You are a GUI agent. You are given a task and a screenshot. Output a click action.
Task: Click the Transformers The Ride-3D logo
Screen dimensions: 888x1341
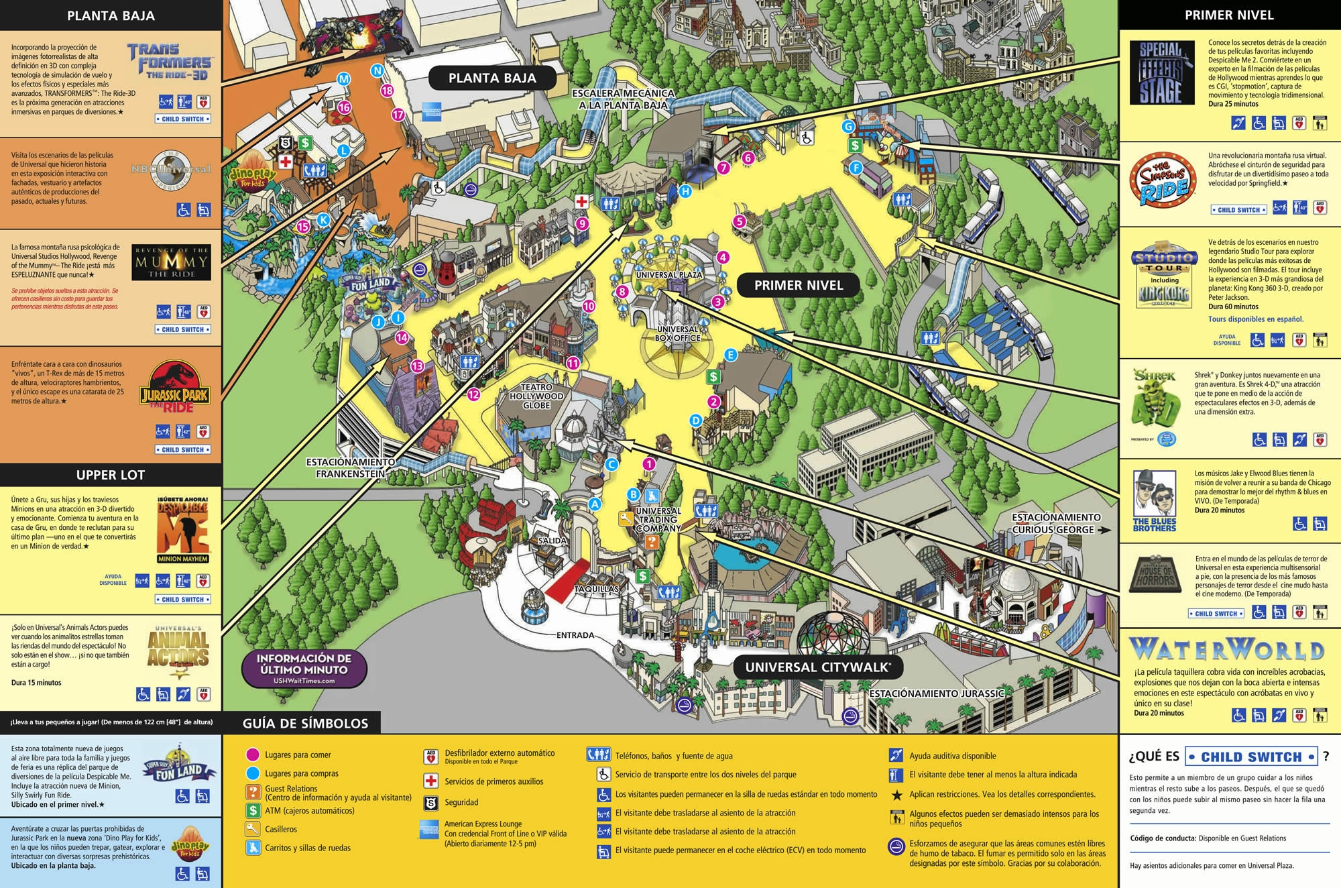click(169, 61)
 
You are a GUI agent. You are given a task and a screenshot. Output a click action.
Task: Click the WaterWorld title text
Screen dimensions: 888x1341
click(1226, 649)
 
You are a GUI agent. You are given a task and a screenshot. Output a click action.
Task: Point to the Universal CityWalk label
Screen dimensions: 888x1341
click(818, 667)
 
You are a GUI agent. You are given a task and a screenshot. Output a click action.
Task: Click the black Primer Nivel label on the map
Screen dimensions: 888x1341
click(798, 285)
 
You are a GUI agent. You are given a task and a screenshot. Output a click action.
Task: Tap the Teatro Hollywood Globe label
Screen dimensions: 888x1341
click(536, 396)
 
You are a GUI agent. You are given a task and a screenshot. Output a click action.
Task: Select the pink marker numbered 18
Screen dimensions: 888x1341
click(387, 91)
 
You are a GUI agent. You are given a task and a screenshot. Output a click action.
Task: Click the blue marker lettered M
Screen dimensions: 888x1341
click(343, 79)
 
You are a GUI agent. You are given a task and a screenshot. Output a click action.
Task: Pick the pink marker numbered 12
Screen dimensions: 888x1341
click(473, 394)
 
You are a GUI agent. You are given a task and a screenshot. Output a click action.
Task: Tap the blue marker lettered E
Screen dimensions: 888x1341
click(731, 354)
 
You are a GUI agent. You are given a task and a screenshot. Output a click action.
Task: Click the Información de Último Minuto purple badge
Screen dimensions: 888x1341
click(304, 668)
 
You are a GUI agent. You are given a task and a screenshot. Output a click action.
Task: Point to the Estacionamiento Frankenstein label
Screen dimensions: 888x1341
click(350, 467)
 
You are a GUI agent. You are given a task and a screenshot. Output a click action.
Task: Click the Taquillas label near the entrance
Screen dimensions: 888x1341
click(596, 589)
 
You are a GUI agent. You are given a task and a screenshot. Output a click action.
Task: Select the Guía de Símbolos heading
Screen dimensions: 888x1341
click(305, 723)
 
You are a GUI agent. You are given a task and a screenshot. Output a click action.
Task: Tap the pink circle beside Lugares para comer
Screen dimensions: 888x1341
click(253, 755)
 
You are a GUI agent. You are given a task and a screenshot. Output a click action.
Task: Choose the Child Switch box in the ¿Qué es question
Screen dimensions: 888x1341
click(1251, 757)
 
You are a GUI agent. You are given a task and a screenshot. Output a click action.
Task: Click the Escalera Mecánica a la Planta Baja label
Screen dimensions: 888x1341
click(623, 99)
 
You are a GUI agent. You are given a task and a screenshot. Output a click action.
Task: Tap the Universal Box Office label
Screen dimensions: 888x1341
click(677, 333)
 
